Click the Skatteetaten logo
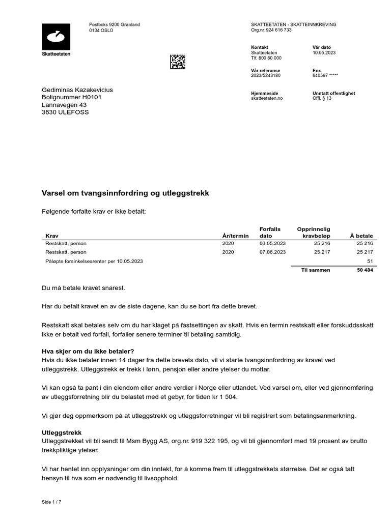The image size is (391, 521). (56, 40)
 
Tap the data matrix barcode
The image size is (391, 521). (178, 62)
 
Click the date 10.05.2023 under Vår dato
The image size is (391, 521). (324, 53)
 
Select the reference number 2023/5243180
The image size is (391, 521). (266, 76)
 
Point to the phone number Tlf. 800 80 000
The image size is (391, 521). (266, 59)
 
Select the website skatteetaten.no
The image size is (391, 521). (267, 99)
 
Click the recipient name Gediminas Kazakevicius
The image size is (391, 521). (77, 90)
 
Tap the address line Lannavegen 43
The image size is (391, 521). (64, 105)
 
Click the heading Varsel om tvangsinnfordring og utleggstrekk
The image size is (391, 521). (125, 194)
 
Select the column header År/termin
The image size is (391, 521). (235, 236)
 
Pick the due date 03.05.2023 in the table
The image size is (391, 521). (272, 244)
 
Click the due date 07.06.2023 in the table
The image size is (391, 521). (272, 252)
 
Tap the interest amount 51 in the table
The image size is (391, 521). (370, 261)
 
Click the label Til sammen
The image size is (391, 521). (316, 270)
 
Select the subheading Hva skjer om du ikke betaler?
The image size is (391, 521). (88, 352)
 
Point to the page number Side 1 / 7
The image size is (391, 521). (51, 502)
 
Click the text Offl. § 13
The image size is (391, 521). (322, 99)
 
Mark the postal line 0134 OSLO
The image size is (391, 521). (101, 31)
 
